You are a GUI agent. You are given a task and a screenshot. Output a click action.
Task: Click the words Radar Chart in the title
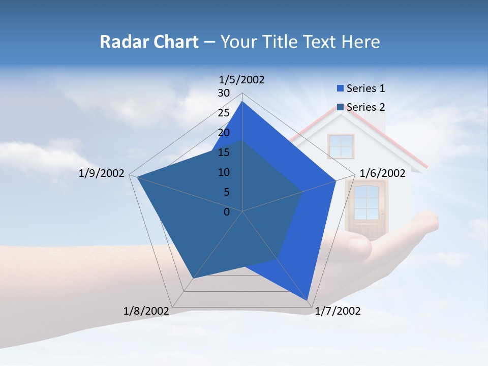tap(148, 42)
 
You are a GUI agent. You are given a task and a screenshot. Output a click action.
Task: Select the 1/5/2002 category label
tap(242, 80)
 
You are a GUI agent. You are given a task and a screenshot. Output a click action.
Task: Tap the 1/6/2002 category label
tap(382, 173)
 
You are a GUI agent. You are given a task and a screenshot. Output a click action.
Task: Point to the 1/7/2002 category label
tap(338, 311)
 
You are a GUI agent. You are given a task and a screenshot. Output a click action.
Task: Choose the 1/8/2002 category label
tap(146, 311)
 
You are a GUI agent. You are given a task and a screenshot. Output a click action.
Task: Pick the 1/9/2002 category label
tap(102, 173)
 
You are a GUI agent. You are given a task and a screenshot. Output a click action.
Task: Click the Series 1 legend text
tap(365, 88)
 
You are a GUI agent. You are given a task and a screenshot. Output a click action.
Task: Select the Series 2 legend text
tap(365, 107)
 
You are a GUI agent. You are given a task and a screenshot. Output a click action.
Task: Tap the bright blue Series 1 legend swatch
tap(340, 89)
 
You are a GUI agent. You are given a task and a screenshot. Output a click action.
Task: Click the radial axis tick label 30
tap(224, 93)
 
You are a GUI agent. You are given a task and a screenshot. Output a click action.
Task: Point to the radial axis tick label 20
tap(224, 133)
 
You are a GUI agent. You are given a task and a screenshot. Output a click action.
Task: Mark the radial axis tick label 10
tap(224, 172)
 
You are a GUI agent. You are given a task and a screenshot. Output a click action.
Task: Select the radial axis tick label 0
tap(227, 212)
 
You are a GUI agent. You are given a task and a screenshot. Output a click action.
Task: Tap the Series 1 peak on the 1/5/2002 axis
tap(242, 101)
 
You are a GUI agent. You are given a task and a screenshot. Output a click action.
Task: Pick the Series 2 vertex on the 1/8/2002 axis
tap(194, 278)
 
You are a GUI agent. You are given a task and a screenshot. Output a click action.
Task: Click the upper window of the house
tap(341, 146)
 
